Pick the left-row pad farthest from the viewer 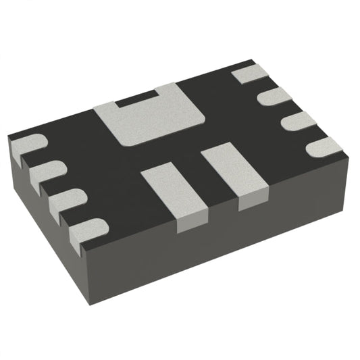pyautogui.click(x=28, y=146)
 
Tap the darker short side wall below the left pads pyautogui.click(x=41, y=203)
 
